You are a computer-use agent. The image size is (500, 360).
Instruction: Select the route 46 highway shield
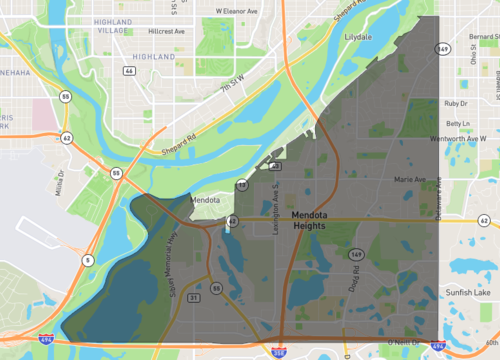130,71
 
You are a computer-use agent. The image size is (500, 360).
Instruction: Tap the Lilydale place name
358,36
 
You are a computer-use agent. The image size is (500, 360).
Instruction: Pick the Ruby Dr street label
457,103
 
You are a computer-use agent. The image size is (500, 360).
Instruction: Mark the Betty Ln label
458,124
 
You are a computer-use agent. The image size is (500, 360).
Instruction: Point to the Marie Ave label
410,179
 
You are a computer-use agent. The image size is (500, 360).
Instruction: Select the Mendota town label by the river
205,200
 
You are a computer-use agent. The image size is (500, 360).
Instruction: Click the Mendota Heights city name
317,221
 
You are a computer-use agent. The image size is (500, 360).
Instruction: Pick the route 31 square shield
193,298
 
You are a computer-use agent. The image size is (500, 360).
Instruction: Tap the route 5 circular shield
87,260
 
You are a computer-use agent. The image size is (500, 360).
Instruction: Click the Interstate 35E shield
278,352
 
